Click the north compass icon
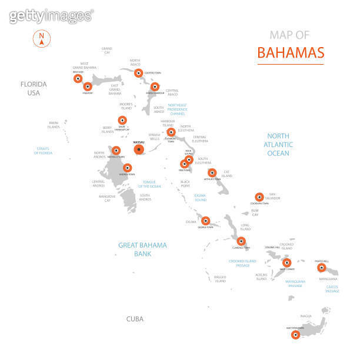[42, 38]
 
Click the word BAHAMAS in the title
[291, 52]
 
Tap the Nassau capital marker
[139, 150]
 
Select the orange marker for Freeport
[88, 86]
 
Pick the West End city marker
[78, 78]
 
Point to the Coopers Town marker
[138, 74]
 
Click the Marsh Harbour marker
[155, 86]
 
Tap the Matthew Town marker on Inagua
[295, 335]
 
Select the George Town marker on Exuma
[205, 221]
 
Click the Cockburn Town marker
[259, 197]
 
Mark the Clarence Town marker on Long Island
[241, 241]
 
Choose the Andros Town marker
[127, 168]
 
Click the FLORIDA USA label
[33, 88]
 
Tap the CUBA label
[135, 319]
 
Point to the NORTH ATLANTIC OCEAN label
[278, 144]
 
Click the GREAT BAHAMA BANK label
[142, 249]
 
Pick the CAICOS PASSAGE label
[332, 288]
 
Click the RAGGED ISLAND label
[220, 279]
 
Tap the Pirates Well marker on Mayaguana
[322, 267]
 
